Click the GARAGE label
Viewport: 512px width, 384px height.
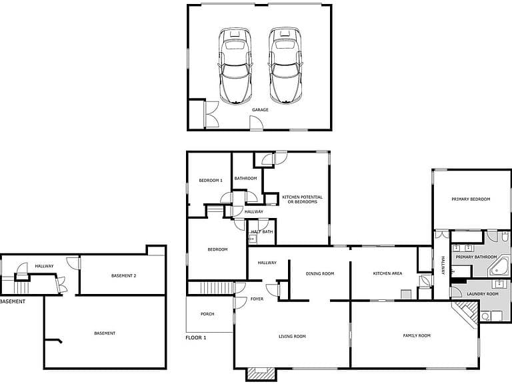point(260,110)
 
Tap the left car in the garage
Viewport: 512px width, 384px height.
point(235,66)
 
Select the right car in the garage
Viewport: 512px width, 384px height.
point(285,66)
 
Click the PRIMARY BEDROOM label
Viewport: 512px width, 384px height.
point(471,199)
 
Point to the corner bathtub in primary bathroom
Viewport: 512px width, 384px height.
point(499,266)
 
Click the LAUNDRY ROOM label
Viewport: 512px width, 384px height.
point(482,294)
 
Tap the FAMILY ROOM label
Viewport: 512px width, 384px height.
point(416,335)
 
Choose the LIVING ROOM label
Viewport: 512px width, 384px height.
point(292,336)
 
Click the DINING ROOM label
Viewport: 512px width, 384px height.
point(320,273)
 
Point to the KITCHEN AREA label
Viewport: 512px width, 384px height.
point(387,273)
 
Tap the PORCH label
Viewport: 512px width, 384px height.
point(207,314)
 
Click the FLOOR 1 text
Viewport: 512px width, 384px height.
point(195,337)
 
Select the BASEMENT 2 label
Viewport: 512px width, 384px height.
point(123,275)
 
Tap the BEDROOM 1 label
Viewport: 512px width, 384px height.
point(211,180)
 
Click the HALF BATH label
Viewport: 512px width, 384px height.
point(262,232)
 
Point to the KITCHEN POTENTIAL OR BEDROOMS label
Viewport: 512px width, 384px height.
point(302,199)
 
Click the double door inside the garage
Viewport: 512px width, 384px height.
point(211,114)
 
